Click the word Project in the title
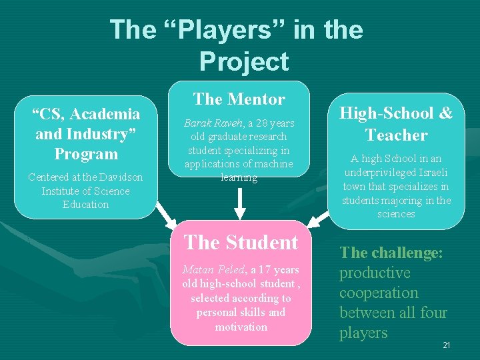(243, 61)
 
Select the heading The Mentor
(239, 99)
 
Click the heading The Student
(241, 242)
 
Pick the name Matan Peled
(213, 270)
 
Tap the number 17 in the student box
(264, 270)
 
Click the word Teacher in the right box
(396, 135)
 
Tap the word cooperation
(378, 293)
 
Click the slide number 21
(447, 345)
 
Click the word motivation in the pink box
(241, 327)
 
